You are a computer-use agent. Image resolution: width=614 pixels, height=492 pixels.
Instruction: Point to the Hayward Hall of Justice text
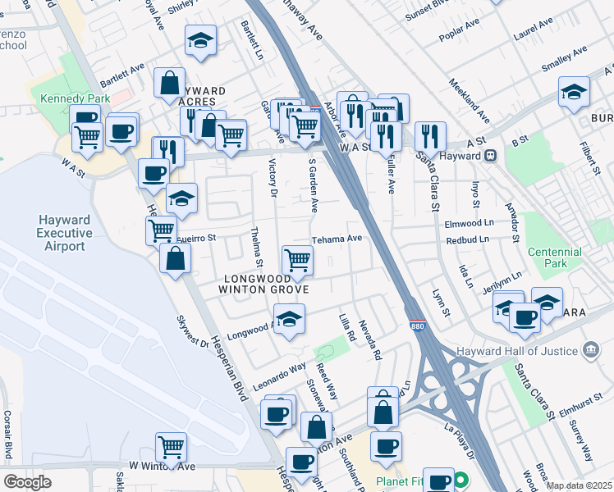537,352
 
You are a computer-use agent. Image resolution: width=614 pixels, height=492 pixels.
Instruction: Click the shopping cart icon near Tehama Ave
296,261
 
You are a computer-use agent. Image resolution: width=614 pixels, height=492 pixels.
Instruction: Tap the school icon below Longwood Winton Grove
289,319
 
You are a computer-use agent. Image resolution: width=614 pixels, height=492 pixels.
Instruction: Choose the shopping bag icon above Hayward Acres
169,82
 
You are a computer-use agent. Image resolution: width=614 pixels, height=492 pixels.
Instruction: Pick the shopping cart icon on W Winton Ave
172,448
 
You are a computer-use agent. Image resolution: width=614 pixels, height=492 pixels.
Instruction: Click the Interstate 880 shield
416,326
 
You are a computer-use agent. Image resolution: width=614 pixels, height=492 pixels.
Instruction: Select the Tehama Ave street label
337,239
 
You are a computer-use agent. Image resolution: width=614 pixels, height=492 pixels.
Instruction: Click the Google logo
28,482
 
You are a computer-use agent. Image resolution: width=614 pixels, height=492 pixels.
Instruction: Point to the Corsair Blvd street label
7,435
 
